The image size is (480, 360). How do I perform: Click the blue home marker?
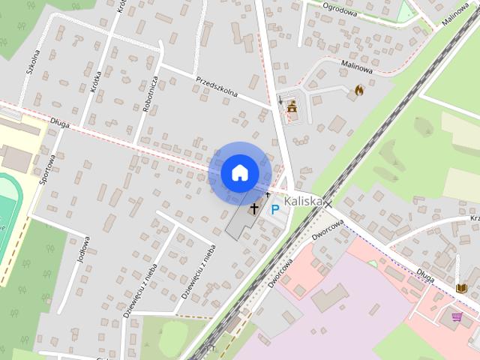click(x=239, y=172)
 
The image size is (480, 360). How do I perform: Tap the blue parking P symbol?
click(x=275, y=211)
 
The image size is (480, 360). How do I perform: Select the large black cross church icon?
click(x=254, y=208)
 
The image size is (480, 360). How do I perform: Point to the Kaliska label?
click(x=303, y=202)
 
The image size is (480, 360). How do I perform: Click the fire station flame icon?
click(x=359, y=90)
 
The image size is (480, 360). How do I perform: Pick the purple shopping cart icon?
click(x=457, y=318)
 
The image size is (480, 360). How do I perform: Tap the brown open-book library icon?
click(x=460, y=288)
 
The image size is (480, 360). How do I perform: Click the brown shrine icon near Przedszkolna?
click(x=292, y=107)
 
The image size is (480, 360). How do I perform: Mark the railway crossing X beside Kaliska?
click(x=327, y=203)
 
